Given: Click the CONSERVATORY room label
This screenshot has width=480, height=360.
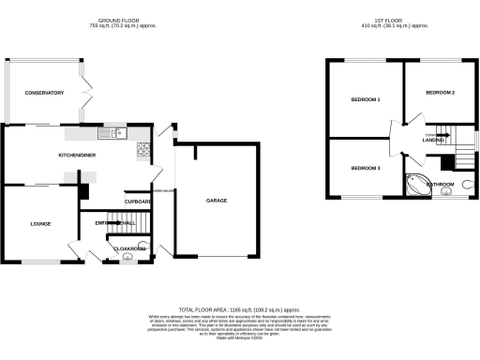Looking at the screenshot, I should [44, 93].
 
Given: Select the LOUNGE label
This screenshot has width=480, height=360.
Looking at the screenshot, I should [39, 223].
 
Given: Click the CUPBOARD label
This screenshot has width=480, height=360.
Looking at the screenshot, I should [138, 202].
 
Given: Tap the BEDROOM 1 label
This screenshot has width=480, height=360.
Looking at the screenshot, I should [366, 98].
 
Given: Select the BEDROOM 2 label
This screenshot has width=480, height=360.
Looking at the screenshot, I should [439, 93].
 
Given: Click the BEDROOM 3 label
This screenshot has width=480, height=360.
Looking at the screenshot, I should [366, 168].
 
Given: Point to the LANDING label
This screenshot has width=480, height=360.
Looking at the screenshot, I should [433, 140].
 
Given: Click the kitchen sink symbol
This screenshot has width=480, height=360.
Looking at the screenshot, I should [116, 133].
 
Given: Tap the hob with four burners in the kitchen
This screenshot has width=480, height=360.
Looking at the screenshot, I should [143, 148].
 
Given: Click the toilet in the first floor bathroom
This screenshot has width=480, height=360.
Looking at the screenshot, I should [466, 186].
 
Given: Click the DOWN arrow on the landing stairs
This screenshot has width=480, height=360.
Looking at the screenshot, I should [432, 135].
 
